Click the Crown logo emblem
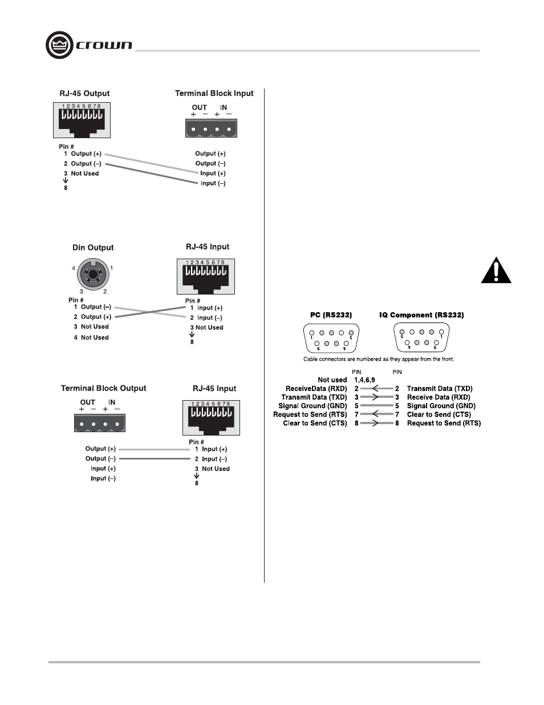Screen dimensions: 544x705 click(x=59, y=45)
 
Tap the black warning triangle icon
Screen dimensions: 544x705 click(x=496, y=270)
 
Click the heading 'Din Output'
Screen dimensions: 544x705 click(x=93, y=248)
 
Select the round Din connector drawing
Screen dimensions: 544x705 click(x=93, y=274)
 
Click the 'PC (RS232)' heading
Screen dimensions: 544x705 click(x=331, y=315)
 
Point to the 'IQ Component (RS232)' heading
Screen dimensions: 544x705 click(x=421, y=315)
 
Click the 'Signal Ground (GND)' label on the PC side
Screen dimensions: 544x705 click(x=312, y=406)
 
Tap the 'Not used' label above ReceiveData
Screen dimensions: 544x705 click(x=332, y=380)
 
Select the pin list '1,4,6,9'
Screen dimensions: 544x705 click(x=364, y=380)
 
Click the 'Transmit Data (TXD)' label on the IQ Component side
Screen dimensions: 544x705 click(x=440, y=389)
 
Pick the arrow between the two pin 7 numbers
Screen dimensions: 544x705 click(x=376, y=414)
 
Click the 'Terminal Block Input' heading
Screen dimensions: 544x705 click(x=214, y=94)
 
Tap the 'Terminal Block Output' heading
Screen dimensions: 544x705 click(x=104, y=388)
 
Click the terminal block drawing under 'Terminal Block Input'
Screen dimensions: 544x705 click(x=211, y=128)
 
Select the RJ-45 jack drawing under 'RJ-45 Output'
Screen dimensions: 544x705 click(x=82, y=120)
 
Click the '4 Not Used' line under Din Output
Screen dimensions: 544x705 click(x=91, y=337)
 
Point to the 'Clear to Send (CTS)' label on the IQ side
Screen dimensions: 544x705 click(x=439, y=414)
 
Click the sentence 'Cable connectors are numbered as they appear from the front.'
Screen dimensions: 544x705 click(x=379, y=359)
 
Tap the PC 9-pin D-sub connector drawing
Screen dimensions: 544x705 click(x=331, y=338)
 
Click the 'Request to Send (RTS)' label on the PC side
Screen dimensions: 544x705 click(x=310, y=414)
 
